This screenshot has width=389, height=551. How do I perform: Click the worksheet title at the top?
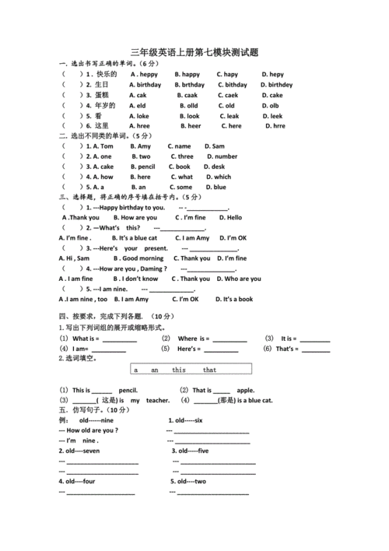194,51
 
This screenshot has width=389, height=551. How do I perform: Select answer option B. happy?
187,74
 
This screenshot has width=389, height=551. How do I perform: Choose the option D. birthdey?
276,85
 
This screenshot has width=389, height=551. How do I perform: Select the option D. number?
221,156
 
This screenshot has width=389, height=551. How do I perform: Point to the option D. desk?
216,167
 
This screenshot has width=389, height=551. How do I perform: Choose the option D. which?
218,177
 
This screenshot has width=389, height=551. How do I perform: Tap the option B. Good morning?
138,258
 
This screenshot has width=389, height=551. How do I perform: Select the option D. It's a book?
233,299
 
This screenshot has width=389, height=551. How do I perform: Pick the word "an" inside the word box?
154,370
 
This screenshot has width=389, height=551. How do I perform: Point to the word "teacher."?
157,400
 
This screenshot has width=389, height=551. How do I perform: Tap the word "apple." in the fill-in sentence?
245,390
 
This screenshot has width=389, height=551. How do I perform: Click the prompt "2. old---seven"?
79,451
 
